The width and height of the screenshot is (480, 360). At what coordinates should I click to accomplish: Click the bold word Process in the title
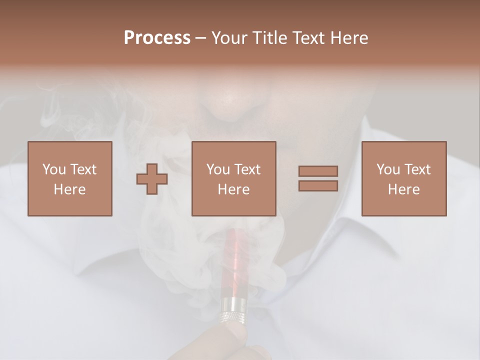(x=157, y=38)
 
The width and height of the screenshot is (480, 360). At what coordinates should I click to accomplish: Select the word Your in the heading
(x=229, y=38)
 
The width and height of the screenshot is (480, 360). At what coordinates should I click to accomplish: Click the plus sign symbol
(x=152, y=178)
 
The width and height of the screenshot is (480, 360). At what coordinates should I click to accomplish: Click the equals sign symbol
(x=318, y=178)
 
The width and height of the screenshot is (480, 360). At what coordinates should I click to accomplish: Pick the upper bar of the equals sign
(x=318, y=171)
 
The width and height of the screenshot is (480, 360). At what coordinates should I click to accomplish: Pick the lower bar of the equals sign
(x=318, y=186)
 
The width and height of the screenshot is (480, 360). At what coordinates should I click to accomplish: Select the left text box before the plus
(x=69, y=178)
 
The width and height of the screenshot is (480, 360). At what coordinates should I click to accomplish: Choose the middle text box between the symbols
(x=233, y=178)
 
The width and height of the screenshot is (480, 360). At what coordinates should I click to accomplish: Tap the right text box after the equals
(x=403, y=178)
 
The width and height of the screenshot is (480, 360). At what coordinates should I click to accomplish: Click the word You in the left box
(x=53, y=169)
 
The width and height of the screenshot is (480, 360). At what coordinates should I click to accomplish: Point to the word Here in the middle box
(x=233, y=189)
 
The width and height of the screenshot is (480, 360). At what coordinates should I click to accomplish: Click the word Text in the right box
(x=417, y=169)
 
